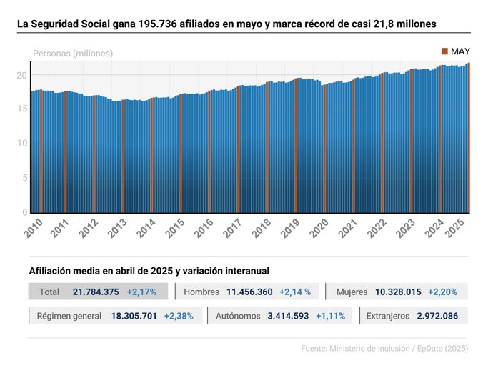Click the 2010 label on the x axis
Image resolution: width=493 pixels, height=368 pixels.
[33, 228]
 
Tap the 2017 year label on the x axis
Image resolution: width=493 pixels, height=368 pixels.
[233, 228]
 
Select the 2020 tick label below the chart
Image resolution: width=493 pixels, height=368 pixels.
[319, 228]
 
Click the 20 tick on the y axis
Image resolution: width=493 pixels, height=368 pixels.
[21, 75]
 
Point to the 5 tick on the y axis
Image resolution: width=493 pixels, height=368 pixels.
[24, 178]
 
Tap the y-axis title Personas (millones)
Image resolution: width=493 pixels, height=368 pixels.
[73, 54]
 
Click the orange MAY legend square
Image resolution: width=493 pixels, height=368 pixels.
[444, 51]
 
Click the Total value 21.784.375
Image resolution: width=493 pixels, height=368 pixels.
[96, 292]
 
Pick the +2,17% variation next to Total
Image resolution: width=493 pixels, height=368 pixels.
[141, 292]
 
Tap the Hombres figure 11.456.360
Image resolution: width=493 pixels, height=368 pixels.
[249, 292]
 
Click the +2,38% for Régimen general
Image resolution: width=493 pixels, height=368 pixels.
[178, 316]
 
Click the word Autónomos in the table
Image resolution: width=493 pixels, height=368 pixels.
[239, 316]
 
